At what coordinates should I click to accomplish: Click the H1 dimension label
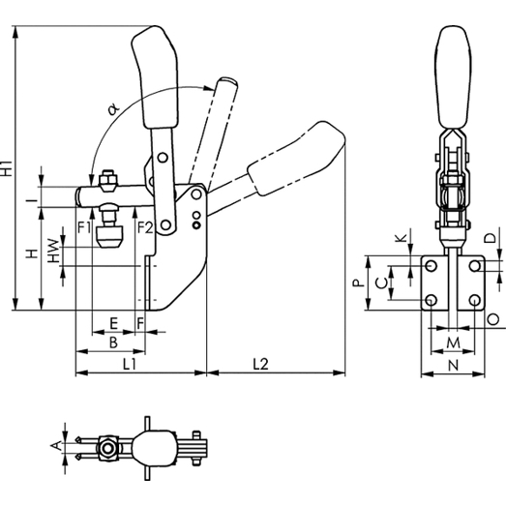tap(7, 168)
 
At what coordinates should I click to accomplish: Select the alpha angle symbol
tap(113, 108)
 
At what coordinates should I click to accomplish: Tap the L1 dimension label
tap(130, 365)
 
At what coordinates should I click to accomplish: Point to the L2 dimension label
tap(260, 365)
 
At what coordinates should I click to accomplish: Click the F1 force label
tap(84, 227)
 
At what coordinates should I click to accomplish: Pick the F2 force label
tap(145, 227)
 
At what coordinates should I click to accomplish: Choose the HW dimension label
tap(53, 251)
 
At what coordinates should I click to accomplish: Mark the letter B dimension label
tap(113, 342)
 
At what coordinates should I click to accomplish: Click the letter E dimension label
tap(113, 323)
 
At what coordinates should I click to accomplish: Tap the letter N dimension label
tap(454, 366)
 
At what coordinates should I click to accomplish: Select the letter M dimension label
tap(453, 342)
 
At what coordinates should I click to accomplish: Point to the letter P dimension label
tap(358, 283)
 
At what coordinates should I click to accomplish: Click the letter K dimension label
tap(402, 238)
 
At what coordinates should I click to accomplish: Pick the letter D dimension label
tap(491, 238)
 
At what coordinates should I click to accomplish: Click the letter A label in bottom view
tap(56, 446)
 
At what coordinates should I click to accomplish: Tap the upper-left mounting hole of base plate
tap(432, 266)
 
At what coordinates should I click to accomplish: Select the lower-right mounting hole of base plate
tap(475, 301)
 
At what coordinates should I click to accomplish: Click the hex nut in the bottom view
tap(107, 449)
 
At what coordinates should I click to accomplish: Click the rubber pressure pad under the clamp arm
tap(110, 237)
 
